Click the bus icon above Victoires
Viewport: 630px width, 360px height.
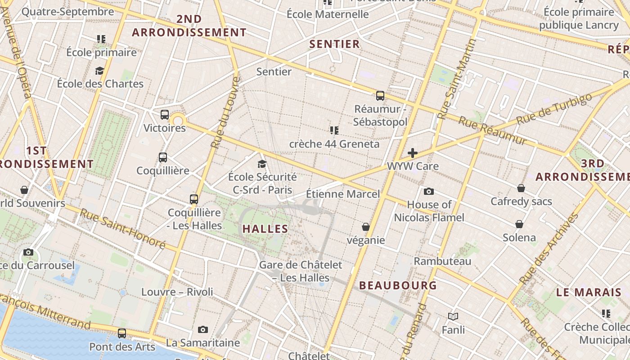tap(165, 115)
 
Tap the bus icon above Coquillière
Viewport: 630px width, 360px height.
tap(163, 157)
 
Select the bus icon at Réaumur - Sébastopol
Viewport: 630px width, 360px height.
tap(380, 95)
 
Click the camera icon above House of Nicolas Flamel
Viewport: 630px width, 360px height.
tap(429, 192)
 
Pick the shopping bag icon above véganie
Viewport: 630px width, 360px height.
tap(366, 227)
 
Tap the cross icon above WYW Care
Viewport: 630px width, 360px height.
tap(412, 153)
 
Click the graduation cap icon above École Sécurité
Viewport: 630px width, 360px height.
tap(262, 164)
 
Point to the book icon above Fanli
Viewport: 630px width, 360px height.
tap(453, 317)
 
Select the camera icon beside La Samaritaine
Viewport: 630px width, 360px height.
tap(203, 330)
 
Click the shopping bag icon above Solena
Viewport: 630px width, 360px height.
tap(519, 224)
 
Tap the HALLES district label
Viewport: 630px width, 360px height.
tap(265, 229)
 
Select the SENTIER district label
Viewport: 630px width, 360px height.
tap(335, 44)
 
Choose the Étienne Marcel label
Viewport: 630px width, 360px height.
tap(343, 194)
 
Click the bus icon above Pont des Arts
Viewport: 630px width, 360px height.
tap(122, 333)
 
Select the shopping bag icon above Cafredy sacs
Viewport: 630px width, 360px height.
tap(521, 188)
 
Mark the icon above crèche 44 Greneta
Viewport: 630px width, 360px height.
tap(334, 130)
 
